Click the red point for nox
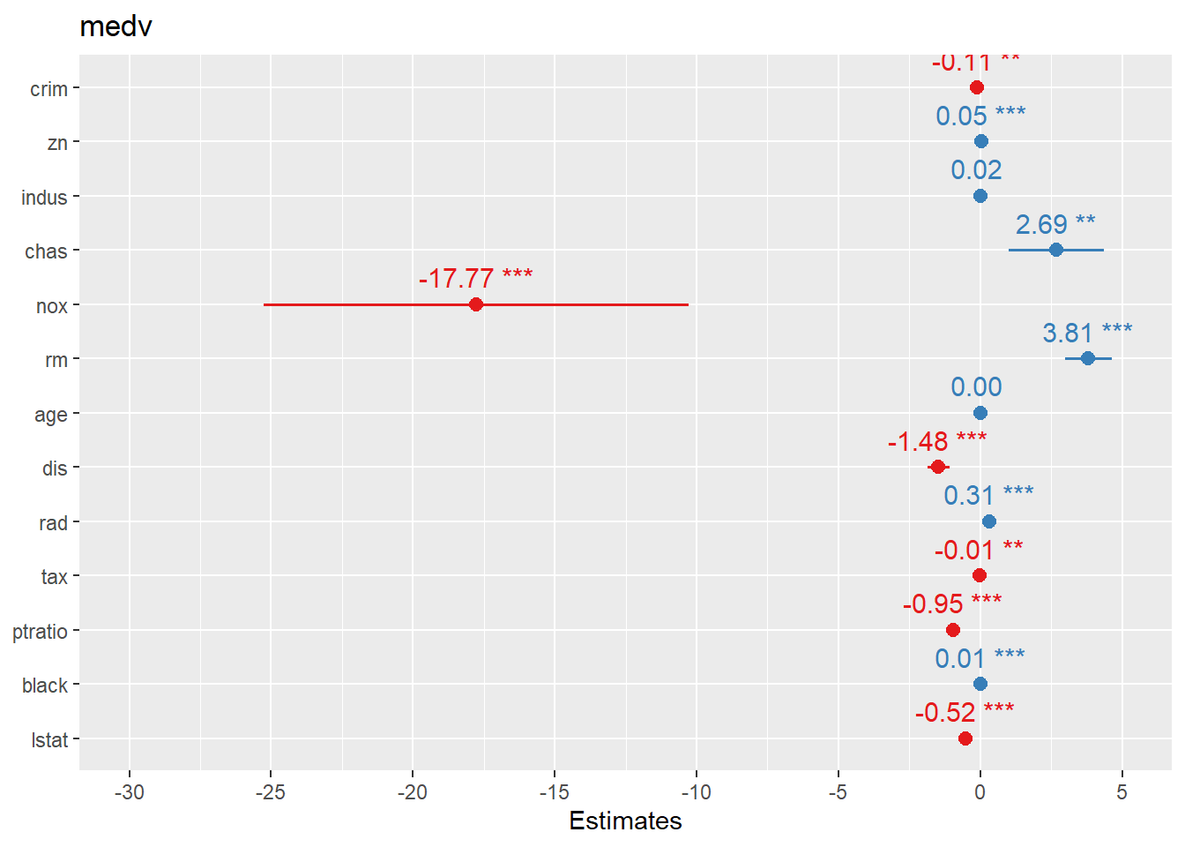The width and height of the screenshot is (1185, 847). tap(476, 304)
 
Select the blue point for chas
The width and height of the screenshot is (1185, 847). tap(1056, 251)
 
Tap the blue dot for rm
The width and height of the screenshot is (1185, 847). tap(1088, 358)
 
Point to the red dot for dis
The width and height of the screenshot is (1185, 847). tap(938, 467)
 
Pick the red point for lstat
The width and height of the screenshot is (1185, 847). tap(965, 738)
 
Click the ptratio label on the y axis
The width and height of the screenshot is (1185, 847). tap(40, 632)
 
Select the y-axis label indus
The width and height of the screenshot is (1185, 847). tap(44, 198)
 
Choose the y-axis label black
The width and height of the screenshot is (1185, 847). tap(45, 686)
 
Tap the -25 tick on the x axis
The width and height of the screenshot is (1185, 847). tap(271, 792)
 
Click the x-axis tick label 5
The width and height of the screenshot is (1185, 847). tap(1122, 792)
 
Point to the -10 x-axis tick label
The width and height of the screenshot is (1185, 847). tap(696, 792)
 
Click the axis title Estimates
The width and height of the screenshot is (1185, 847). tap(625, 821)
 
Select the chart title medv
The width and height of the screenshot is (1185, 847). tap(116, 26)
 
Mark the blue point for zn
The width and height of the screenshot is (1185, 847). tap(981, 141)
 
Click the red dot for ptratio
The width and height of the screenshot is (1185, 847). tap(953, 630)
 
